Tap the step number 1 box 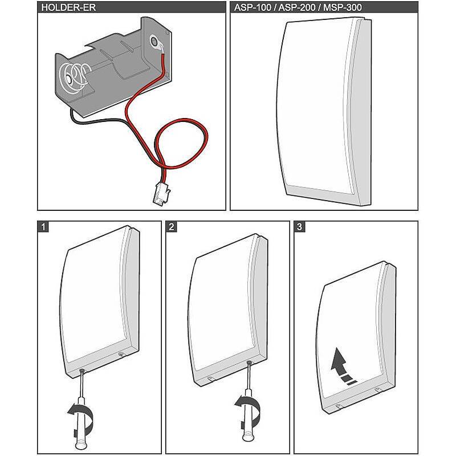pos(43,226)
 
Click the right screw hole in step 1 pos(122,355)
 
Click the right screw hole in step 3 pos(377,389)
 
